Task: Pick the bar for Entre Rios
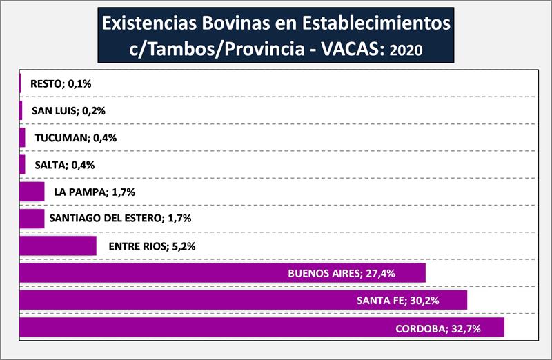pos(57,246)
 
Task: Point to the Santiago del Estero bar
pos(32,219)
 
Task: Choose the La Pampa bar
pos(32,192)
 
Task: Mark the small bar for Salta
pos(22,165)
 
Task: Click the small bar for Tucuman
pos(22,138)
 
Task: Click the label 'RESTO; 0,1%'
pos(61,83)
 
